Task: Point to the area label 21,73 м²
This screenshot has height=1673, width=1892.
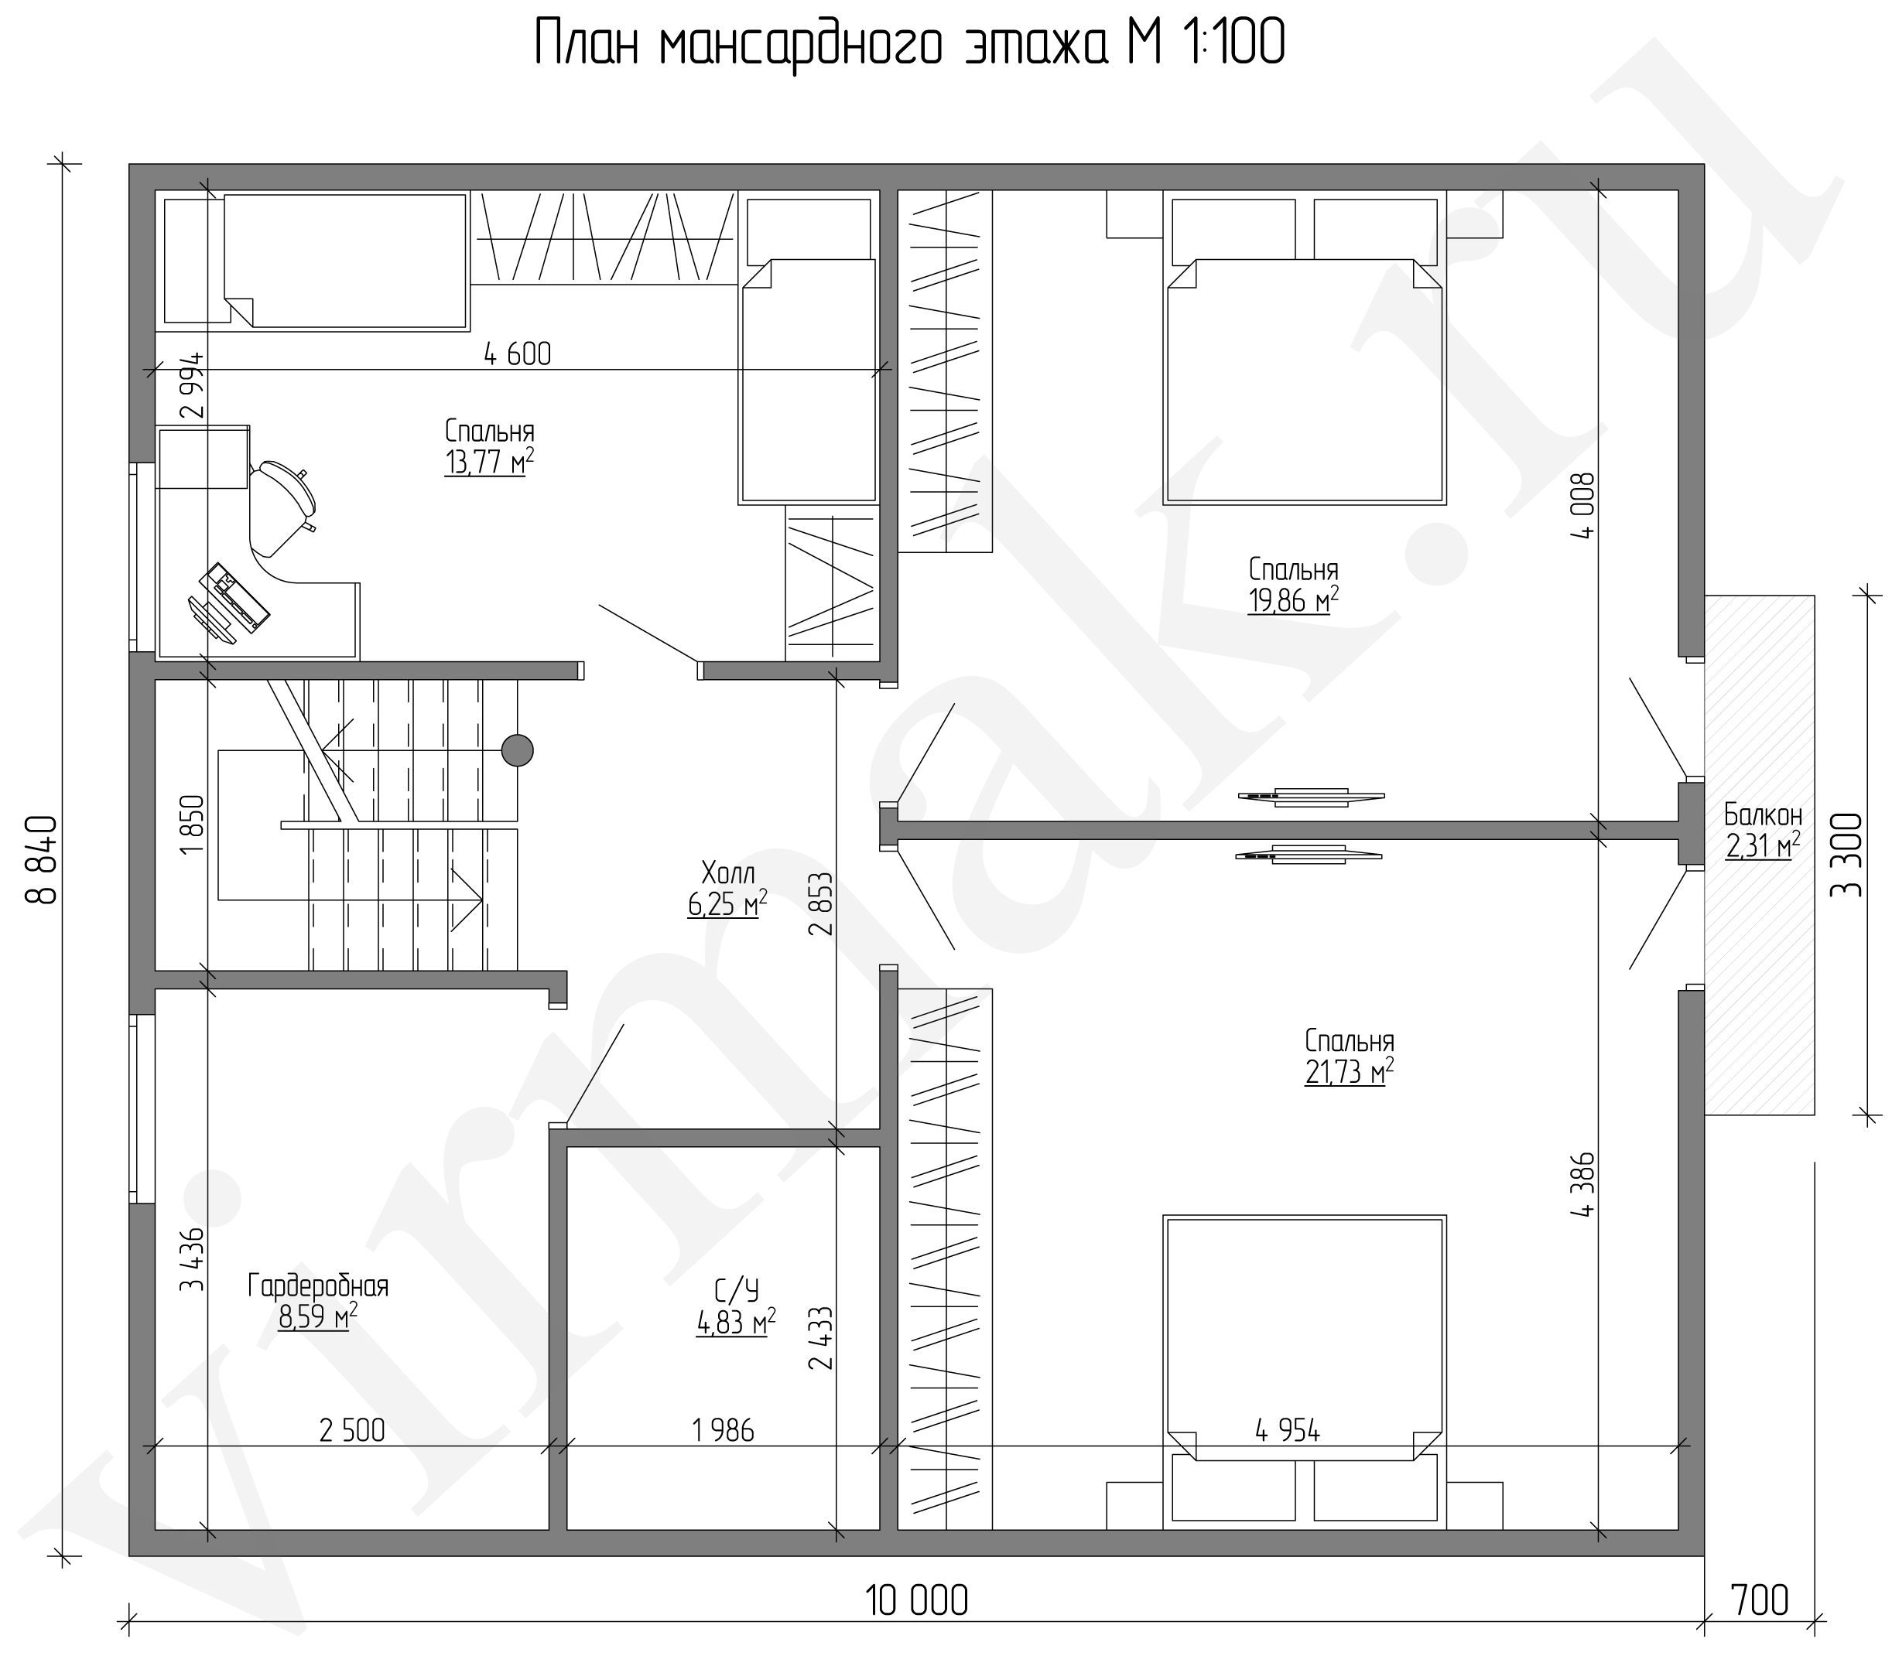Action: click(x=1350, y=1071)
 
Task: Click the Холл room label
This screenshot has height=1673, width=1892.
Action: click(x=728, y=872)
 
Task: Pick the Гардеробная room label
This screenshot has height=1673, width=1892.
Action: click(x=317, y=1286)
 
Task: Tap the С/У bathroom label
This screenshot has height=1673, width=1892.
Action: click(x=736, y=1289)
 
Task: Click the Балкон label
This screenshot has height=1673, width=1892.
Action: click(x=1764, y=814)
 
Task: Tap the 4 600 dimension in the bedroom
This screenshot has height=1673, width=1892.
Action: click(x=518, y=353)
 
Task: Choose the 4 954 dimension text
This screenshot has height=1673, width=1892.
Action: click(x=1288, y=1429)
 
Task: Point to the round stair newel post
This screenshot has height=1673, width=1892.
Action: click(x=518, y=749)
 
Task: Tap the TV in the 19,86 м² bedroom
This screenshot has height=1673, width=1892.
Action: click(x=1312, y=796)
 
